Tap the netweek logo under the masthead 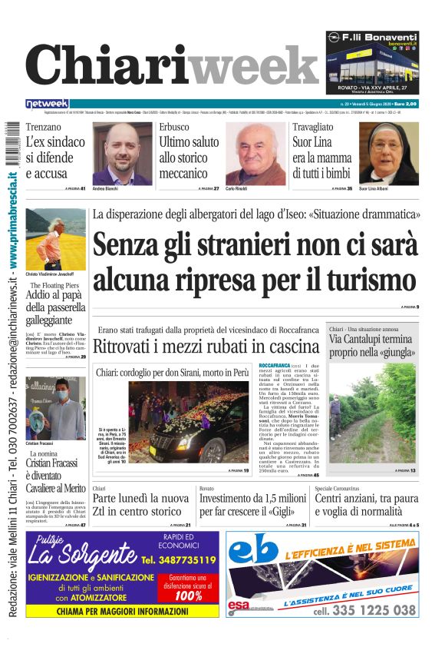(47, 103)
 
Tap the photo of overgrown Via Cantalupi (374, 416)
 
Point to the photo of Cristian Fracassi (56, 407)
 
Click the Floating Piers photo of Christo (55, 239)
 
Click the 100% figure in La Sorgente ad (188, 596)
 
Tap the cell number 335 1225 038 (364, 609)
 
